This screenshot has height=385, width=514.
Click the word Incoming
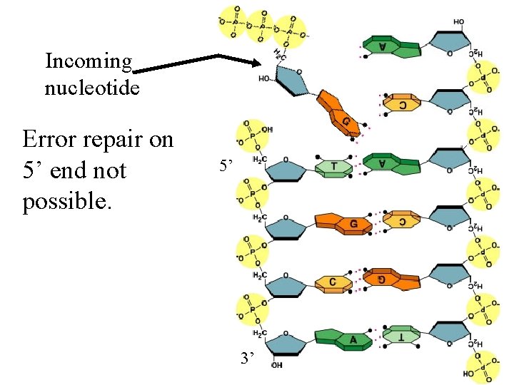point(89,62)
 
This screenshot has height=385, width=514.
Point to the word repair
point(114,140)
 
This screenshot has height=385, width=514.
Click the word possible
point(67,202)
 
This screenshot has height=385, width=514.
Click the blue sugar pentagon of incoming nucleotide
point(288,80)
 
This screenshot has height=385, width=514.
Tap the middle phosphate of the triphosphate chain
point(262,26)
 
